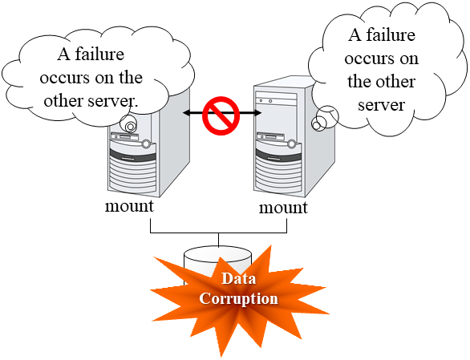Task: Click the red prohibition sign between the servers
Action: [x=222, y=115]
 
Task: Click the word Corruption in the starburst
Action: [x=238, y=298]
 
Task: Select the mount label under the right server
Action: [x=283, y=208]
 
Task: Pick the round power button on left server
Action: [x=146, y=144]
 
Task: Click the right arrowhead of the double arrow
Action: [x=258, y=115]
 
